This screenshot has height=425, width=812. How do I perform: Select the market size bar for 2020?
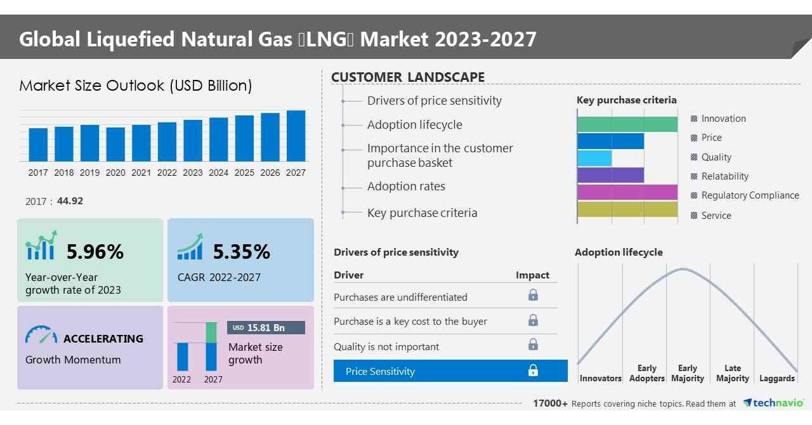click(x=115, y=144)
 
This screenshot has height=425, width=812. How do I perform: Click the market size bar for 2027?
click(x=296, y=136)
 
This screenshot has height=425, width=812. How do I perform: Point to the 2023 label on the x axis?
click(x=193, y=173)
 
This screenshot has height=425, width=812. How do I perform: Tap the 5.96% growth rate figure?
click(x=95, y=252)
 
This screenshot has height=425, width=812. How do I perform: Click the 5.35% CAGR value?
click(x=241, y=252)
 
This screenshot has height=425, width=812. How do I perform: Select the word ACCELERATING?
click(x=103, y=338)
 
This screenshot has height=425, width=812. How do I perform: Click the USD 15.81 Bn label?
click(x=266, y=328)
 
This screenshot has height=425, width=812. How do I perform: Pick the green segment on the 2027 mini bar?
click(x=212, y=332)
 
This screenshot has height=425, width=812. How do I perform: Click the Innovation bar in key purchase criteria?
click(x=627, y=124)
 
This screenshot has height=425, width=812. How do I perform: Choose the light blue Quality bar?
click(x=594, y=158)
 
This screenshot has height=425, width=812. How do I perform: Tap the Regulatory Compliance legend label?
click(x=750, y=195)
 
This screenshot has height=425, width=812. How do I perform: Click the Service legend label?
click(x=716, y=216)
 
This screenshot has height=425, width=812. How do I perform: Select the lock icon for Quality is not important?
click(x=533, y=344)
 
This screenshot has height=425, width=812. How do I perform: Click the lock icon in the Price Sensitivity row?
click(x=533, y=370)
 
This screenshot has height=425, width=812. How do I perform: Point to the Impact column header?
click(x=532, y=275)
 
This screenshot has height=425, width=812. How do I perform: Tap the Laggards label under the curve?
click(x=776, y=378)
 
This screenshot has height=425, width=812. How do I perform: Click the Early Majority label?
click(x=687, y=373)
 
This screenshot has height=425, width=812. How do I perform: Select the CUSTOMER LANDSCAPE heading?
click(x=408, y=77)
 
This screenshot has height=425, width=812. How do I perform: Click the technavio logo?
click(x=774, y=403)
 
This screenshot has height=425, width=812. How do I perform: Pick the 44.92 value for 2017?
click(x=70, y=201)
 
